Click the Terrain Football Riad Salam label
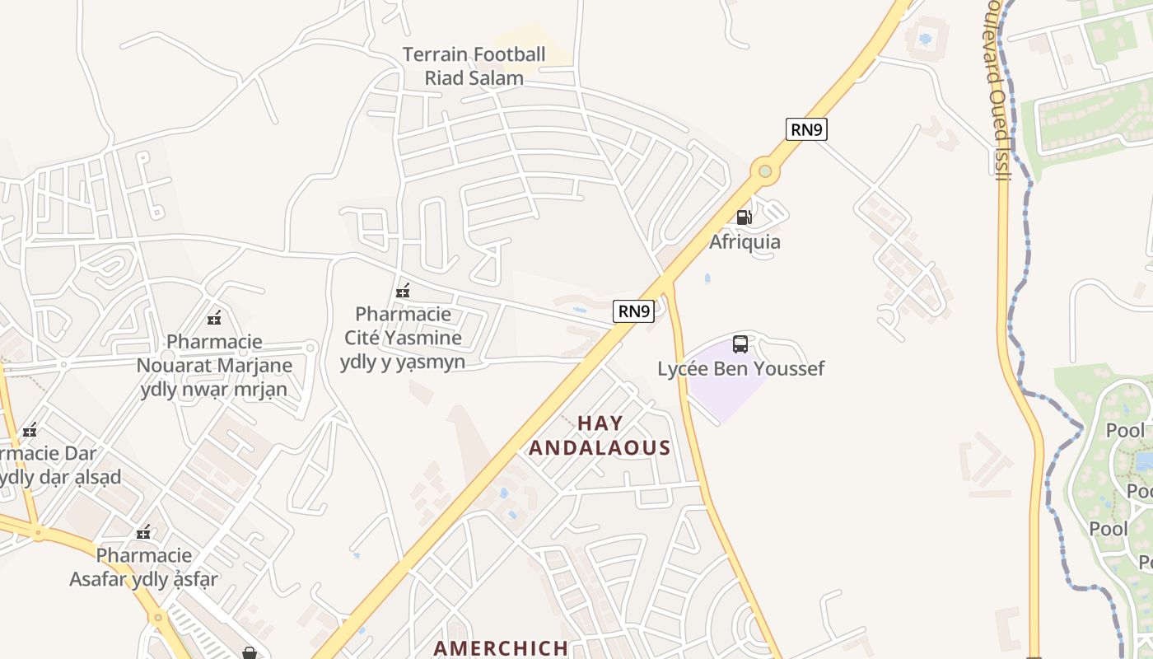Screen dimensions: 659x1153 point(474,67)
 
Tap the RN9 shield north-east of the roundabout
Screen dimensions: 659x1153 point(805,129)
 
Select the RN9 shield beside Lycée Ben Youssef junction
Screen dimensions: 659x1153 point(633,311)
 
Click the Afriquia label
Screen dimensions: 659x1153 point(745,242)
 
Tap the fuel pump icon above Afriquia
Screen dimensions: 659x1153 point(744,217)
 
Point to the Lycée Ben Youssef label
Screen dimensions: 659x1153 point(740,368)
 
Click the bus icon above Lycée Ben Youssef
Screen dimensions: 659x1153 point(740,344)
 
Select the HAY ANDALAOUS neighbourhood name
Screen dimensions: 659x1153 point(600,435)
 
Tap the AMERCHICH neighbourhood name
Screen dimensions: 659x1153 point(501,648)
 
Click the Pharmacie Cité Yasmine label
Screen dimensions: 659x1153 point(403,338)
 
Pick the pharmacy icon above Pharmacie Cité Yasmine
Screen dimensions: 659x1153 point(403,291)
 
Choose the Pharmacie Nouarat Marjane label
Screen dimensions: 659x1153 point(214,365)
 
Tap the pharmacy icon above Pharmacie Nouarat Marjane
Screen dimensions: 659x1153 point(214,317)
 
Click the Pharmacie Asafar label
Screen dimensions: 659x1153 point(144,567)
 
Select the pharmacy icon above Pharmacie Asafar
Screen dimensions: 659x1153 point(144,532)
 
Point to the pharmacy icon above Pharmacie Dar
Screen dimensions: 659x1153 point(30,429)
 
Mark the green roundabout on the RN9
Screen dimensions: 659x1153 point(765,171)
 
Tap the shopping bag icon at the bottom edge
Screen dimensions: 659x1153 point(250,653)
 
